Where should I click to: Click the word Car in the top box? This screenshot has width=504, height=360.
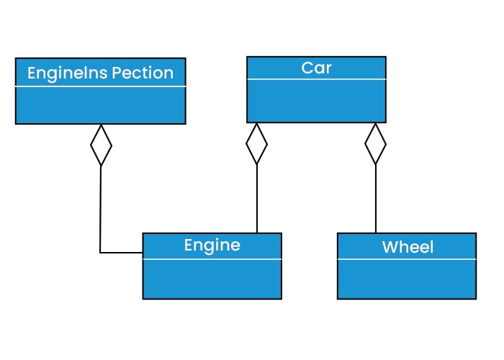tap(316, 68)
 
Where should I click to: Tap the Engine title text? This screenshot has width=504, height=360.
tap(212, 245)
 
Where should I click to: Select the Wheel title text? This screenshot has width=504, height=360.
tap(408, 248)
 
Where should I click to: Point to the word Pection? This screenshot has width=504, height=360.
tap(143, 73)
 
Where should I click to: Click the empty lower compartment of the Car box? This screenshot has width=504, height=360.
tap(316, 101)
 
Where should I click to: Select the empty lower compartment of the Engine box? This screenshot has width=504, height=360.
tap(212, 277)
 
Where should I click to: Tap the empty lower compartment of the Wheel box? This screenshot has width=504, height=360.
tap(407, 279)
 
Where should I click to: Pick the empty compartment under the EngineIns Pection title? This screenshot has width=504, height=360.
tap(100, 105)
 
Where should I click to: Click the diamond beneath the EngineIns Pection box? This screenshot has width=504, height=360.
tap(101, 145)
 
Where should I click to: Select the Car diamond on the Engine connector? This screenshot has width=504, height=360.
tap(256, 144)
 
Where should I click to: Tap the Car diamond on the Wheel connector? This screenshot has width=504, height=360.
tap(375, 144)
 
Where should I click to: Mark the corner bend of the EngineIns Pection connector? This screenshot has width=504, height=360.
tap(100, 253)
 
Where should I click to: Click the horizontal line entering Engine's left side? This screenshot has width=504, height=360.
tap(122, 253)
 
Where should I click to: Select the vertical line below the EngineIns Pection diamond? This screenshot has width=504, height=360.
tap(100, 209)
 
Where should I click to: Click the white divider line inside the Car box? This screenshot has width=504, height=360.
tap(316, 79)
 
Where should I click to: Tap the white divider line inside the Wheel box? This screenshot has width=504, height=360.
tap(407, 258)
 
